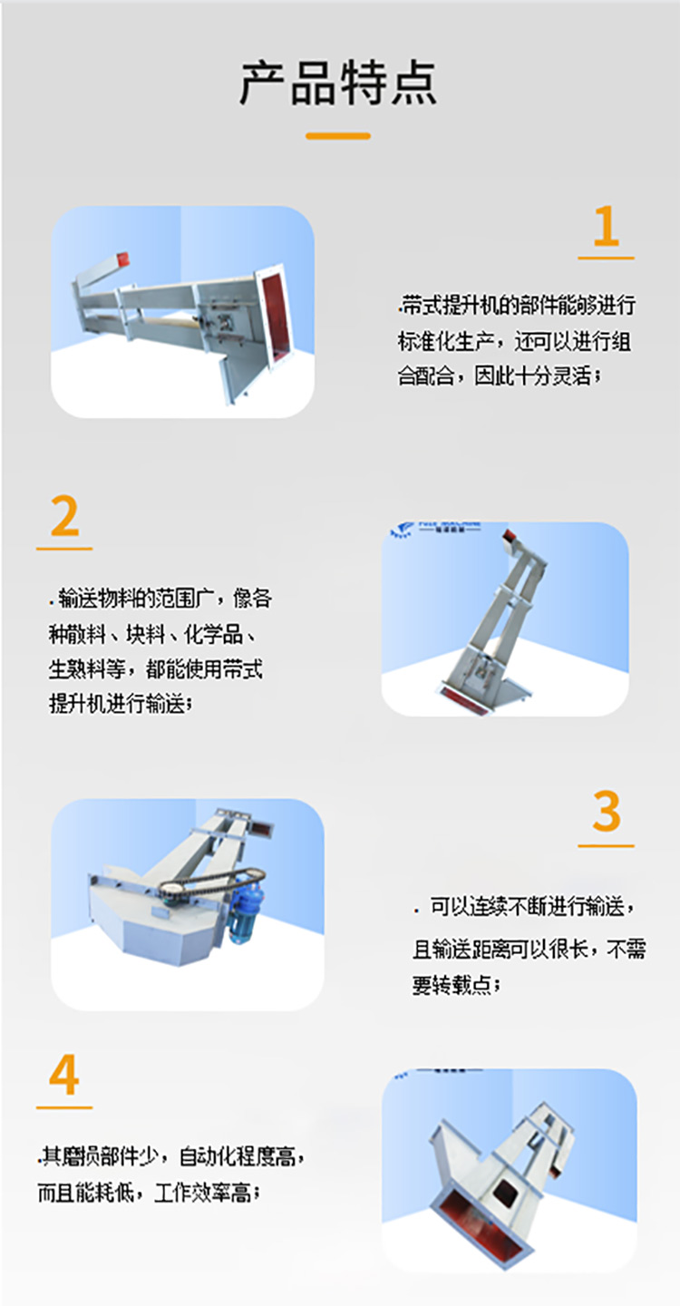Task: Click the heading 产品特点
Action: (338, 83)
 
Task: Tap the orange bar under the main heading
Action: (338, 136)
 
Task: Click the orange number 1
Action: (606, 227)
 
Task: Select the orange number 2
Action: (64, 517)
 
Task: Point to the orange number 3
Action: (606, 813)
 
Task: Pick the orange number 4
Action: (64, 1077)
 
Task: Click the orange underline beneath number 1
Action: (606, 258)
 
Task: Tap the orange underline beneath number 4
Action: (64, 1107)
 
